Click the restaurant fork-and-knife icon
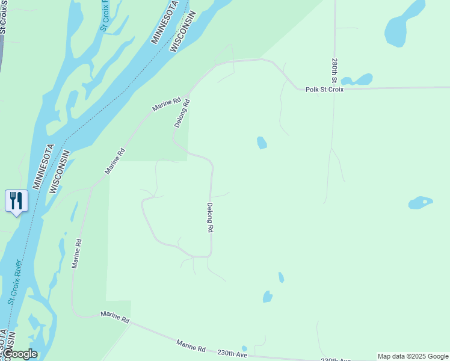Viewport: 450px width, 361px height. point(16,200)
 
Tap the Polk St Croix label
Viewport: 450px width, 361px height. point(324,90)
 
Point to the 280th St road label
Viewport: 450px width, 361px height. point(334,70)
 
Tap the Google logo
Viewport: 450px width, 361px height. point(20,354)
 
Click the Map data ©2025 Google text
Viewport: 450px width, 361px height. point(412,356)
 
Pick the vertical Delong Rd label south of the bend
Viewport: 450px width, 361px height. point(211,218)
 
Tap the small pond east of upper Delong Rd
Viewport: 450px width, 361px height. point(262,143)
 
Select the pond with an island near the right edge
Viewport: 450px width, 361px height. point(421,203)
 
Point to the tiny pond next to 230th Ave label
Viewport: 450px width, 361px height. point(244,348)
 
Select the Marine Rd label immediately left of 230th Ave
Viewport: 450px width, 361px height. point(191,346)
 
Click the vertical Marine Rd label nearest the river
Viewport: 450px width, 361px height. point(76,253)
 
